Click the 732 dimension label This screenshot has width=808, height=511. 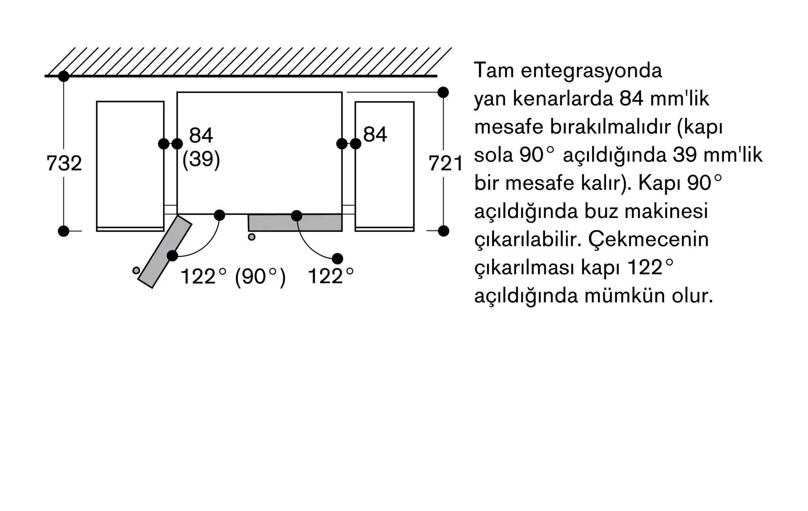(64, 163)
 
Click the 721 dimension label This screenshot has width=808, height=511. (446, 164)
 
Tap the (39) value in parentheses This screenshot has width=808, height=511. (201, 160)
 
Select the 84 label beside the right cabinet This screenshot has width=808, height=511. (375, 134)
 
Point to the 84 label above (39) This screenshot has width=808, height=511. (201, 135)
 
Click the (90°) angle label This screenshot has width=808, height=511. (260, 277)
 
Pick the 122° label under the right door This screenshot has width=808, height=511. (330, 277)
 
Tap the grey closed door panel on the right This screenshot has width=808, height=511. (295, 223)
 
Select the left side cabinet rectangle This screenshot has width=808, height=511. (130, 165)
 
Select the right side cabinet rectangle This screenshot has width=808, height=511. (385, 165)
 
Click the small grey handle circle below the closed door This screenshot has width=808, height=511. (252, 237)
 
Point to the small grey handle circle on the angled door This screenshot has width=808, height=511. (136, 270)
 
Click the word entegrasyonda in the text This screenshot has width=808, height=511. (591, 71)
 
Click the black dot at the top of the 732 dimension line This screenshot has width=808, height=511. (64, 76)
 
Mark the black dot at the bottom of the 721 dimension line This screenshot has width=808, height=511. (444, 231)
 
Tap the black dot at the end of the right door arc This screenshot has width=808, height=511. (337, 258)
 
